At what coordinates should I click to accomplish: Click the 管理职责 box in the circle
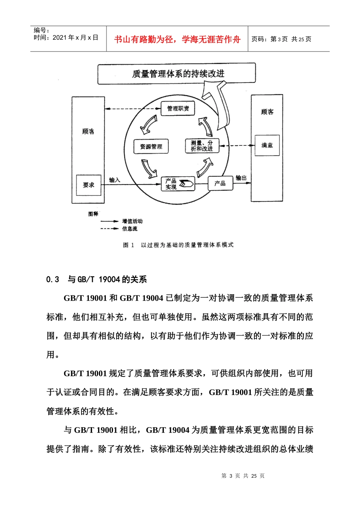click(178, 109)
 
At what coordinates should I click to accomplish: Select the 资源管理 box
click(151, 147)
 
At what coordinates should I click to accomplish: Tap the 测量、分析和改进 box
click(202, 146)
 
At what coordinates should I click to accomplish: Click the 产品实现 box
click(178, 184)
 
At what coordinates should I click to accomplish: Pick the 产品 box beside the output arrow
click(220, 184)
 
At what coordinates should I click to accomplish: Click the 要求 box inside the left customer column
click(89, 185)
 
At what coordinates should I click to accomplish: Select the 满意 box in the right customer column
click(267, 145)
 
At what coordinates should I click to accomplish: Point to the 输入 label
click(114, 180)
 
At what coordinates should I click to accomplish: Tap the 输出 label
click(241, 178)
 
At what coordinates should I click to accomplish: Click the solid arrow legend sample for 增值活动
click(110, 221)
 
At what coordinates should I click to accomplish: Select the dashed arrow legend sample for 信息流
click(110, 229)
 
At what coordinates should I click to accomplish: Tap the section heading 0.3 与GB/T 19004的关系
click(97, 279)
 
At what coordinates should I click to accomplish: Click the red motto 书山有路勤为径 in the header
click(177, 39)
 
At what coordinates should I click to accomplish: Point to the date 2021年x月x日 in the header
click(75, 37)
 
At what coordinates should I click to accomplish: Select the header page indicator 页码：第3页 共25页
click(282, 39)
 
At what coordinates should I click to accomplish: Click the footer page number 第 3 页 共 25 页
click(243, 476)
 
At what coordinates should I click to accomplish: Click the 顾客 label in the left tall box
click(88, 131)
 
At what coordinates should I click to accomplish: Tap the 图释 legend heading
click(93, 214)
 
